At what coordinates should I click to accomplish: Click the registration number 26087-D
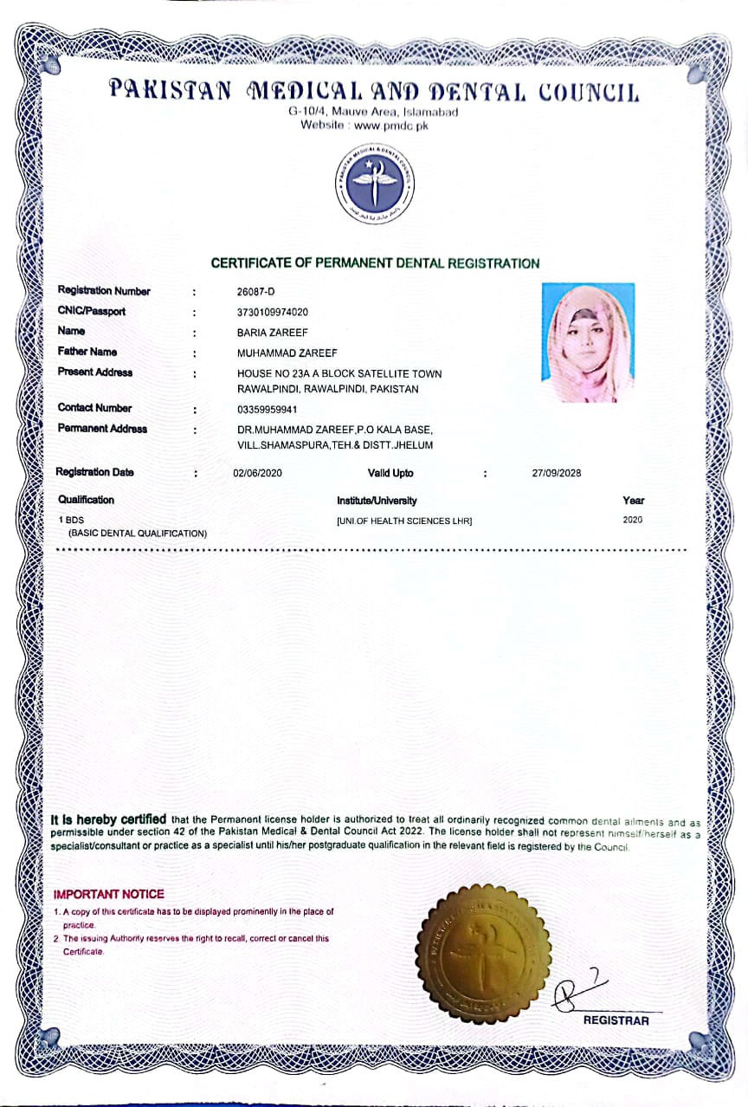tap(255, 291)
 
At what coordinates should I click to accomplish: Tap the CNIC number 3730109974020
tap(273, 312)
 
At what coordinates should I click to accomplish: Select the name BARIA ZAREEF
tap(272, 332)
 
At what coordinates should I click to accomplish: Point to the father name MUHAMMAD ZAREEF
tap(287, 353)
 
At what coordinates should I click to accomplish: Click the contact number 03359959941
tap(267, 409)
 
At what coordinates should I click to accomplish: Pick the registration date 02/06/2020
tap(258, 473)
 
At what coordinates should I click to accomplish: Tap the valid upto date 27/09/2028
tap(556, 473)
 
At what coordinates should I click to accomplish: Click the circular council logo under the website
tap(374, 182)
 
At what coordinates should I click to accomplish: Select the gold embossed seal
tap(482, 954)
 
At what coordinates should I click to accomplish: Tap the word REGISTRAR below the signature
tap(616, 1020)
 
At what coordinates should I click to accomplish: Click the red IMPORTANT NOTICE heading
tap(108, 894)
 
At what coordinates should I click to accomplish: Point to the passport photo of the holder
tap(588, 342)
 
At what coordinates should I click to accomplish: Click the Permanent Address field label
tap(102, 429)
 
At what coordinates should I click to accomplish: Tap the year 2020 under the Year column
tap(633, 521)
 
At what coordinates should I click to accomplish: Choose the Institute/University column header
tap(377, 501)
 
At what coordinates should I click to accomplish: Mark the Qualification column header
tap(86, 500)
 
